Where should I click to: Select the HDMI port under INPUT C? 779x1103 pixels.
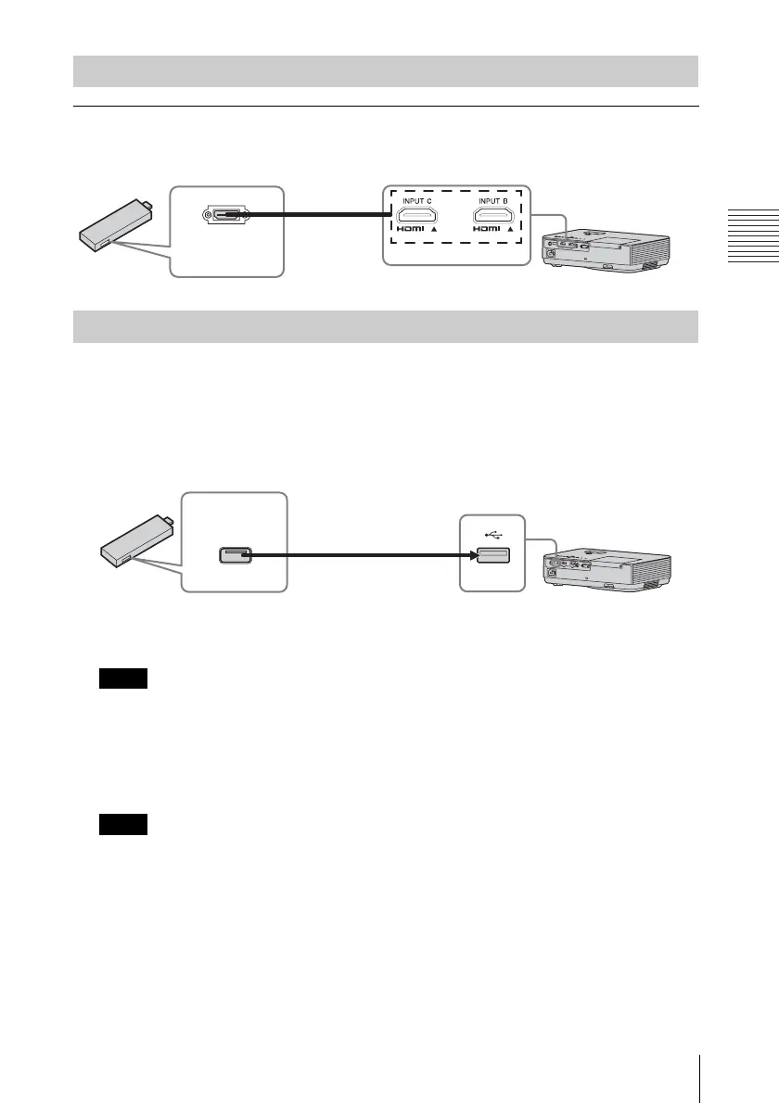click(416, 218)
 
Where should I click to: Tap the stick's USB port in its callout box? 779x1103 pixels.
click(233, 556)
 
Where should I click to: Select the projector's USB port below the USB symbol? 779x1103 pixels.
click(492, 556)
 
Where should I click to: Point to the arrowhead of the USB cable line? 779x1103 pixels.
click(471, 556)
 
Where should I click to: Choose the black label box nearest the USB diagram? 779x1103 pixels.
click(123, 679)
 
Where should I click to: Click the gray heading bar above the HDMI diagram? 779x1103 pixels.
click(386, 71)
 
